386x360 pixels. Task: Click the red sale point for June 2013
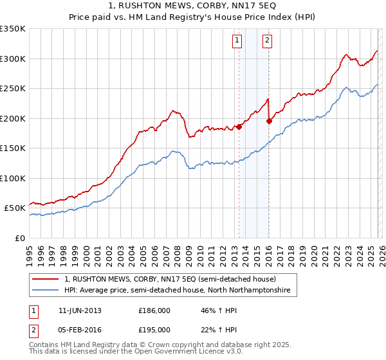(x=239, y=127)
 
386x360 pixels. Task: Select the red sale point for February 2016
(x=269, y=121)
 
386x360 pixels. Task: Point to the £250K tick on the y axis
(x=13, y=89)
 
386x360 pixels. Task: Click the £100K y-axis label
(x=13, y=178)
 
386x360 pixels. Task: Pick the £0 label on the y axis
(x=20, y=238)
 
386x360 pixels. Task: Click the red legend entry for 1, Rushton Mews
(x=170, y=280)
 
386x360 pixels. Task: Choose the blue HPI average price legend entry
(x=177, y=291)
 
